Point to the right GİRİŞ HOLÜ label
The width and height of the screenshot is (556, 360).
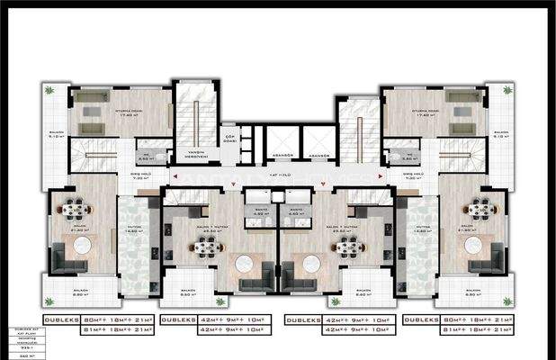tap(414, 176)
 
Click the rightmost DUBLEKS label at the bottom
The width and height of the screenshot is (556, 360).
tap(423, 319)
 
